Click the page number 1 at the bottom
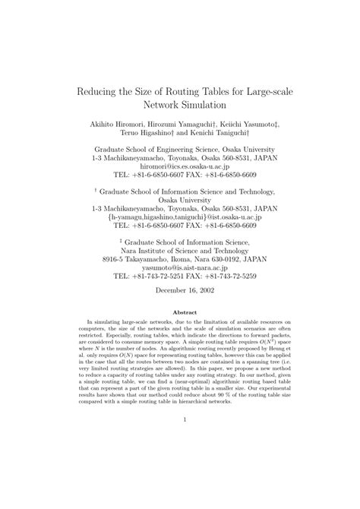(180, 440)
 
